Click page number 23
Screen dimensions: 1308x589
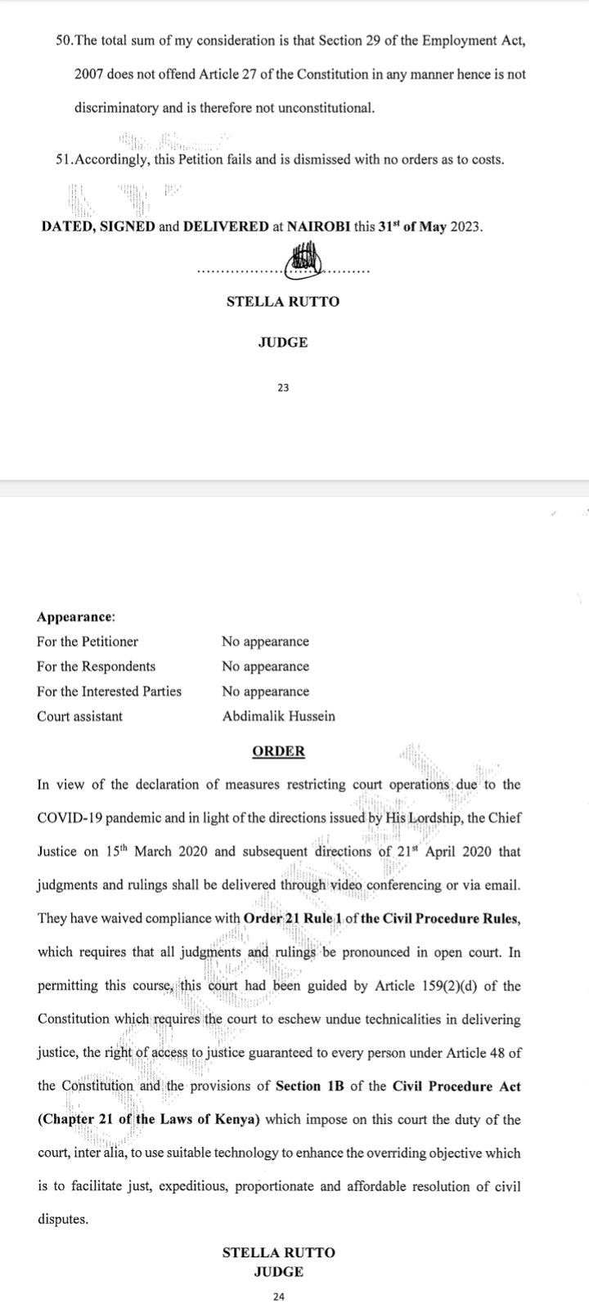pyautogui.click(x=283, y=387)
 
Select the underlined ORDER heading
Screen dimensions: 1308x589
pyautogui.click(x=278, y=750)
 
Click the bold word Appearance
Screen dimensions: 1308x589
pyautogui.click(x=75, y=616)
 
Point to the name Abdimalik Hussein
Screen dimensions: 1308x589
pyautogui.click(x=278, y=716)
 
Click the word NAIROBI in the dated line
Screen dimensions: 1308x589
pyautogui.click(x=318, y=226)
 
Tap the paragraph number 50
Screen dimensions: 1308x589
pyautogui.click(x=63, y=41)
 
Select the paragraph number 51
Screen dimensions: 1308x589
pyautogui.click(x=63, y=159)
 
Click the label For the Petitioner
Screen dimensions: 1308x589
pyautogui.click(x=88, y=642)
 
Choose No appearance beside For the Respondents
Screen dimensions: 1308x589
pyautogui.click(x=265, y=666)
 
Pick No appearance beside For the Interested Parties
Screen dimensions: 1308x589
pyautogui.click(x=265, y=692)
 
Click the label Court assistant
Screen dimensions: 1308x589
pyautogui.click(x=79, y=716)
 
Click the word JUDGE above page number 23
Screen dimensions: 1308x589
pyautogui.click(x=283, y=343)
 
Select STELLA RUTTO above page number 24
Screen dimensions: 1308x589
pyautogui.click(x=278, y=1252)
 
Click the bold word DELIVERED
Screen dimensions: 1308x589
pyautogui.click(x=226, y=226)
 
